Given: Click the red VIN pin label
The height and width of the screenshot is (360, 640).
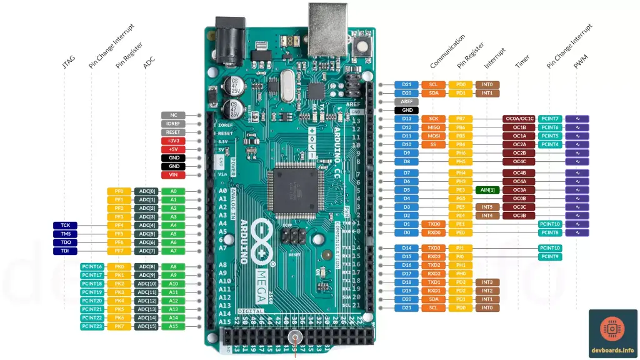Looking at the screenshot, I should coord(173,175).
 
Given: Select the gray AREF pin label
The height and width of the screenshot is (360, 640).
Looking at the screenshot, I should coord(406,101).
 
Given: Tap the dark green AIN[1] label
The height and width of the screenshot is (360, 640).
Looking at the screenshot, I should coord(487,189).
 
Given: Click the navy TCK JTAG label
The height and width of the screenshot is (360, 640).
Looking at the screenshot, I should coord(65,225).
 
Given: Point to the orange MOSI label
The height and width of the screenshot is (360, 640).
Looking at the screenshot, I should coord(433,136).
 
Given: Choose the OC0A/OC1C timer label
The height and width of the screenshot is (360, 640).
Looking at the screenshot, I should coord(519,118).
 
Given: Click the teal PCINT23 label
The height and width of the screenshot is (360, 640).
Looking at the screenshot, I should coord(92,326).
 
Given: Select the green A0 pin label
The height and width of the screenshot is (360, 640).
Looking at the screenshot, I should coord(173,191).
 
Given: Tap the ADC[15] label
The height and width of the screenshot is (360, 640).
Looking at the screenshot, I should coord(146,326).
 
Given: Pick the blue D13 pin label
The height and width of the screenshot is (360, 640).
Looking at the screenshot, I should coord(406,118).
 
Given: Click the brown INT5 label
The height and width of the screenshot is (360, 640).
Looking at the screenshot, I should coord(487,207).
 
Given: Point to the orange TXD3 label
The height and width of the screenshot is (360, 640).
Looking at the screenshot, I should coord(433,248).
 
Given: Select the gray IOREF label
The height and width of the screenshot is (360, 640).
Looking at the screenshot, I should coord(173,124).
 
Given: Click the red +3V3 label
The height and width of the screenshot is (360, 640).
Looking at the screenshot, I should coord(173,141).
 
